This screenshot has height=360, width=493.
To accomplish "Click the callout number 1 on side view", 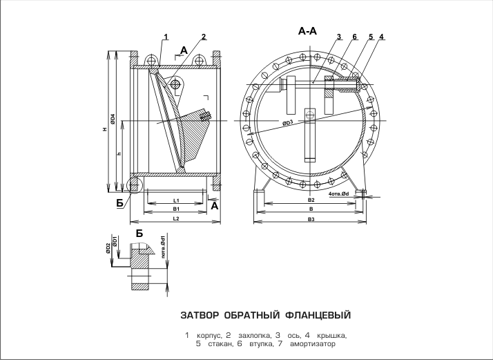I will coord(166,36).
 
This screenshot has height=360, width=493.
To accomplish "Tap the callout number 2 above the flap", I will coord(204,36).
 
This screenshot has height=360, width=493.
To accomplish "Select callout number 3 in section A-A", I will coord(340,36).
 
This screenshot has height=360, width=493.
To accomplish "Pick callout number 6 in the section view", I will coord(354,36).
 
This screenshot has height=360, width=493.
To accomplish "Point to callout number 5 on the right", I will coord(371,36).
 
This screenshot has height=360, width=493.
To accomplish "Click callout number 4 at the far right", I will coord(382,36).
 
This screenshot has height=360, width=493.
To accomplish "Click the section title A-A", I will coord(308,31).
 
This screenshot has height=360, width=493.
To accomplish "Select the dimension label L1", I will coord(177,200).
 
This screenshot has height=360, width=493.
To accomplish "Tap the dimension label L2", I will coord(177,218).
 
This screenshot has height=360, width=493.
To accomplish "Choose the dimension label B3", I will coord(311,219).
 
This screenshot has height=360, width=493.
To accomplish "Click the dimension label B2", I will coord(311,200).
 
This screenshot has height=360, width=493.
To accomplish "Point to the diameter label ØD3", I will coord(288,122).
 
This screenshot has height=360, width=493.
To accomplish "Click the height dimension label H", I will coord(104,133).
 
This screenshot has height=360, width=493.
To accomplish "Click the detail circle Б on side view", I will coord(134,184).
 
